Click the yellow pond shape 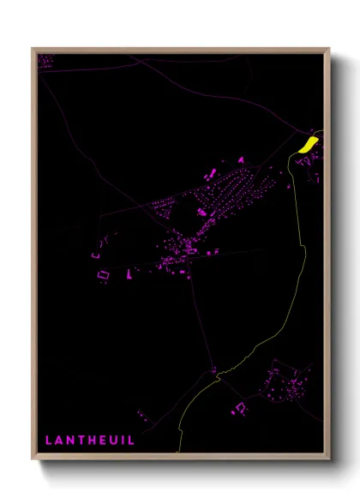pos(308,141)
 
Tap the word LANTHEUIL pos(89,441)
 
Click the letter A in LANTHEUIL pos(58,441)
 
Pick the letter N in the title pos(69,441)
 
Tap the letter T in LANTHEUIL pos(80,441)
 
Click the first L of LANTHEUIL pos(48,441)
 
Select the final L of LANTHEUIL pos(130,441)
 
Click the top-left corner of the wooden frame pos(33,49)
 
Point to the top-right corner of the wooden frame pos(328,49)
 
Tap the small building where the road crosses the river pos(214,371)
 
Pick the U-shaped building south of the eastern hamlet pos(237,409)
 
